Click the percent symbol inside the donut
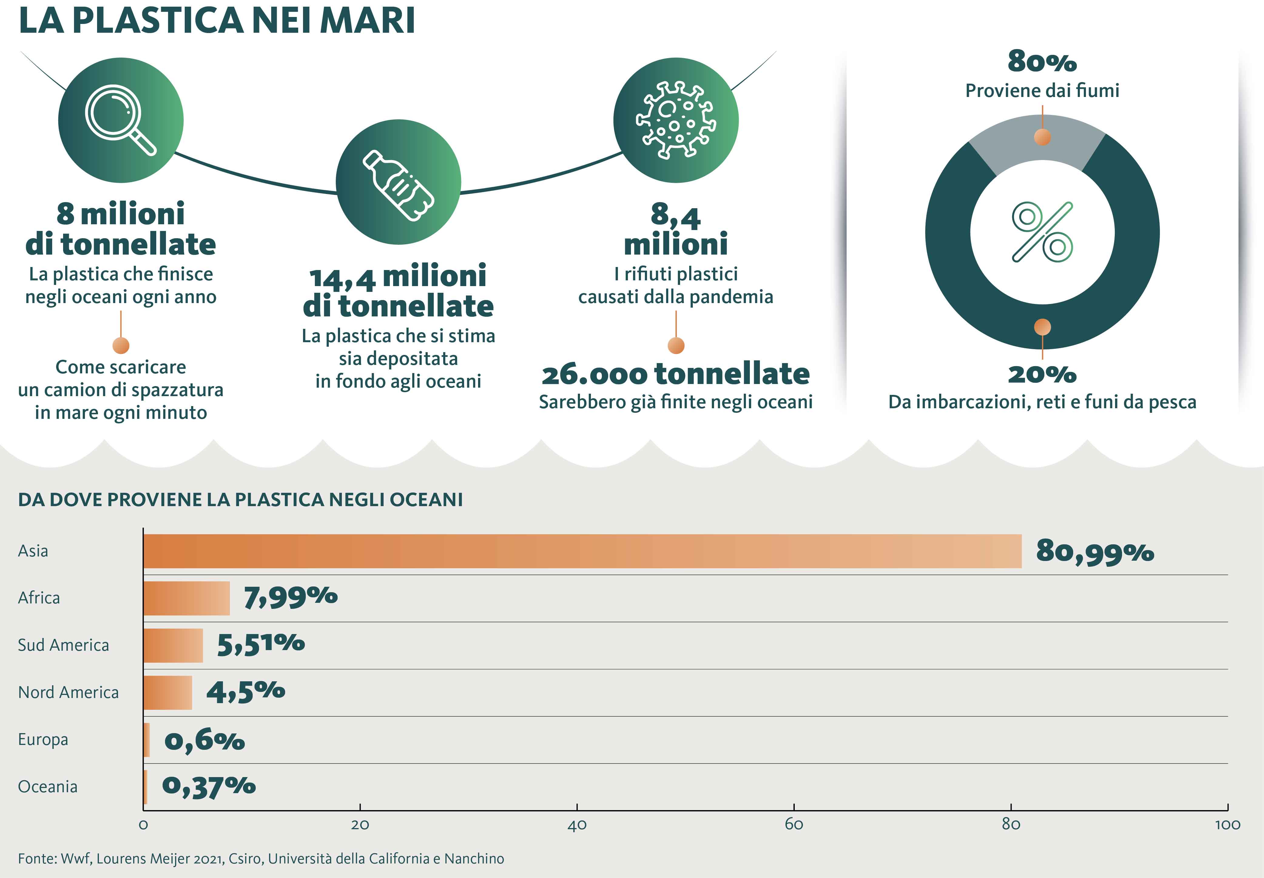coord(1042,232)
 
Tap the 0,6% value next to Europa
coord(204,740)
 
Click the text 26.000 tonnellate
coord(676,374)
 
